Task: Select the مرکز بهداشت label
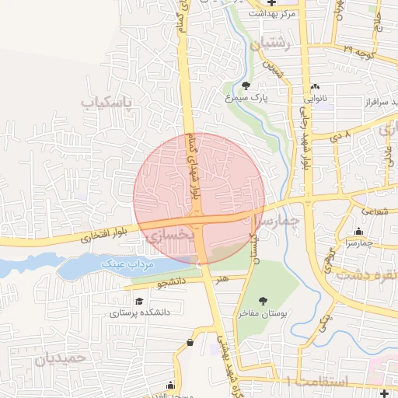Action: coord(271,13)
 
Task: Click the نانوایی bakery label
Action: coord(315,99)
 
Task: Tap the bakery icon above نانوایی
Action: coord(315,86)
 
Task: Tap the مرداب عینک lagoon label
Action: coord(129,264)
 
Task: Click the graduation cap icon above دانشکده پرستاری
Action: coord(139,300)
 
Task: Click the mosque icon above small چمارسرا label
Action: coord(358,231)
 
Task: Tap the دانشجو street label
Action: coord(173,285)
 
